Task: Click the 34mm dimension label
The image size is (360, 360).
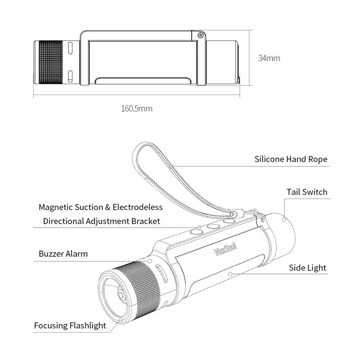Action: (x=270, y=58)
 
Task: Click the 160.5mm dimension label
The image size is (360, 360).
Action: (x=137, y=108)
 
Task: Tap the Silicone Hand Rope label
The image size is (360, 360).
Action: (x=291, y=159)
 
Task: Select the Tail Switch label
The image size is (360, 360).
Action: (x=307, y=192)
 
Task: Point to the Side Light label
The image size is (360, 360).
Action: (x=307, y=268)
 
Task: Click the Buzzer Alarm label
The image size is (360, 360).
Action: (x=63, y=254)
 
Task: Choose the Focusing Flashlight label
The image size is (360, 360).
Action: (x=70, y=325)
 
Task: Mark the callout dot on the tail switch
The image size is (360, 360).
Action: (x=284, y=220)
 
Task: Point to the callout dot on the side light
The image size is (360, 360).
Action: (x=230, y=273)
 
